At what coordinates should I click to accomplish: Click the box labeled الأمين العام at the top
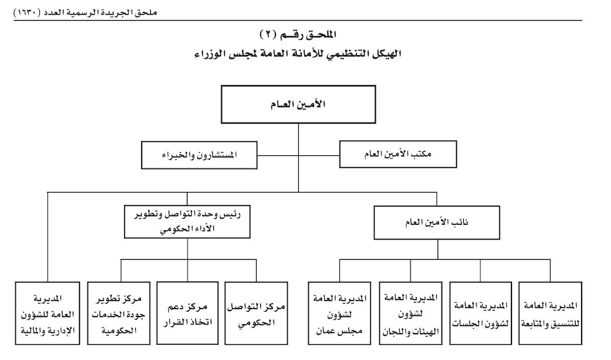298,105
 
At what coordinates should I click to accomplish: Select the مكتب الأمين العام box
398,154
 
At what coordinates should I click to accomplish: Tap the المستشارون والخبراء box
199,155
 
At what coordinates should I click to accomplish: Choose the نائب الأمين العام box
436,222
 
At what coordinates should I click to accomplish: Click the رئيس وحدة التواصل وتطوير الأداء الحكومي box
187,222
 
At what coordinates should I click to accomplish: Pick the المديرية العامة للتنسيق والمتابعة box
551,314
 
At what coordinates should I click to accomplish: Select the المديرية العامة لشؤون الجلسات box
480,314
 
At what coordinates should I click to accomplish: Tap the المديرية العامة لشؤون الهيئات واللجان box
411,314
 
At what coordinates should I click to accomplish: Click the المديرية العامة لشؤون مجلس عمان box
339,314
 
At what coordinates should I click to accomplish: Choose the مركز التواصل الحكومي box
257,314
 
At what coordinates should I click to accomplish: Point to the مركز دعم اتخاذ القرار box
188,314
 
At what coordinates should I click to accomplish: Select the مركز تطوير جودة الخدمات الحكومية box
119,314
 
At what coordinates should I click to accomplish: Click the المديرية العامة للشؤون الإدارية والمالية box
48,314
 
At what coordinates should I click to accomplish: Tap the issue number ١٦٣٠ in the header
27,12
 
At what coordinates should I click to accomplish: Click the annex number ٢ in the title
268,35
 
